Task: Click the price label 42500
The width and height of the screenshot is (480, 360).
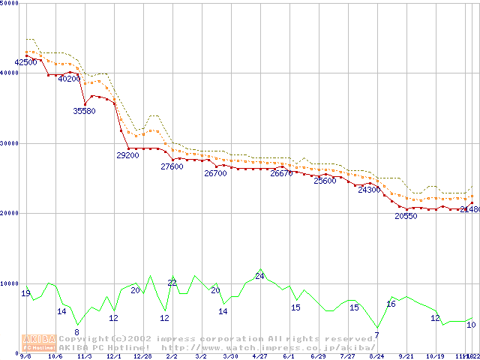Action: pos(25,62)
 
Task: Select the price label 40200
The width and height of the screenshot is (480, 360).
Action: pos(69,79)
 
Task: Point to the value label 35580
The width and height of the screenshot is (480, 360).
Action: pos(84,111)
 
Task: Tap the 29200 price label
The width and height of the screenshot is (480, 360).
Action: pos(127,156)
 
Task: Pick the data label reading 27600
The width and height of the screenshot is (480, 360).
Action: pos(172,167)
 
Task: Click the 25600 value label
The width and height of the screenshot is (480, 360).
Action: pos(325,181)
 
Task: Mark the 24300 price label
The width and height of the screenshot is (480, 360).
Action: pos(369,190)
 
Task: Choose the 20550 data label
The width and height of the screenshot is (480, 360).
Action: pos(406,216)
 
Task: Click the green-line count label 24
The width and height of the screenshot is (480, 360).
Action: pos(260,277)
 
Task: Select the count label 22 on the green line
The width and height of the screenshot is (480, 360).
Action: pos(172,283)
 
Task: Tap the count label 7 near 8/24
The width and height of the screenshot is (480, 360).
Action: pos(376,335)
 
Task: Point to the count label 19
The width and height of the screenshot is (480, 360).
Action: pos(25,293)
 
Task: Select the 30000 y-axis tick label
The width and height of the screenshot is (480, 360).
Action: pos(10,143)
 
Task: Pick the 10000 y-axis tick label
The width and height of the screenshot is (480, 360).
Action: pos(10,283)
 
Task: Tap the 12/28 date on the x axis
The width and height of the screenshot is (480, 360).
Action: pos(142,357)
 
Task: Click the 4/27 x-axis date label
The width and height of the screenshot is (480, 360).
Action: pos(259,357)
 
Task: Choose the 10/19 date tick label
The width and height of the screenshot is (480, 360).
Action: pos(435,357)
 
